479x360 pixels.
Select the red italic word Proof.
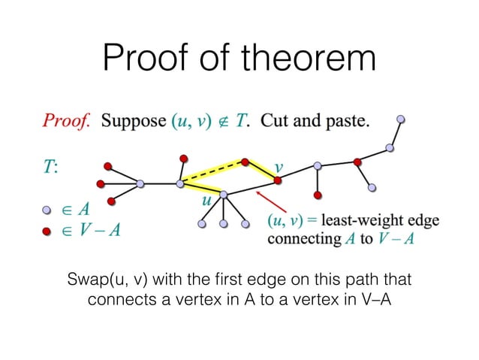tap(69, 120)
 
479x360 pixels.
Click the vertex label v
tap(279, 167)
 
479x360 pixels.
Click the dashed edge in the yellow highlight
tap(213, 171)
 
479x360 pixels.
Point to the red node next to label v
tap(277, 180)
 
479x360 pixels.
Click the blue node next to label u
tap(223, 195)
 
